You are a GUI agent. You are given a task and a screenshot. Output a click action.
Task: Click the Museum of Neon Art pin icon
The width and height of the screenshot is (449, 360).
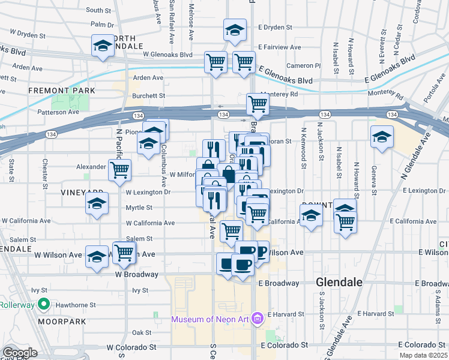[x=258, y=317]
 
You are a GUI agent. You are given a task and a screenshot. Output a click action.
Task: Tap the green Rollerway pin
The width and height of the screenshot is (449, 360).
[x=44, y=305]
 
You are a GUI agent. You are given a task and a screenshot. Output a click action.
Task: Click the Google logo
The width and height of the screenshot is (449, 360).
[x=20, y=353]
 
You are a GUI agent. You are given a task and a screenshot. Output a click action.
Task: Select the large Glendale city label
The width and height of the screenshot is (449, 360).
[x=339, y=282]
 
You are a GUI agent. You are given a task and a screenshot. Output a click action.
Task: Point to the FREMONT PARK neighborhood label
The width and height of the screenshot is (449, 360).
[x=62, y=91]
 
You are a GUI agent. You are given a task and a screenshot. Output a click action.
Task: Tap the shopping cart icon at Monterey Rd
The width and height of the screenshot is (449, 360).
[x=258, y=103]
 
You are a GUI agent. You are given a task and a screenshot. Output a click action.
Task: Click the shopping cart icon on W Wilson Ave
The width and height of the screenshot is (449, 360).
[x=124, y=253]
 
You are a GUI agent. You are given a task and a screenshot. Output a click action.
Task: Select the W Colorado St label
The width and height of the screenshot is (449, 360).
[x=131, y=347]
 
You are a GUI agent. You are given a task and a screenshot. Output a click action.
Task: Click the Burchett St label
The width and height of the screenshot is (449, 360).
[x=149, y=95]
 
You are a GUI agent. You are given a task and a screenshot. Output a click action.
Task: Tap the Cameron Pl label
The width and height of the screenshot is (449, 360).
[x=304, y=65]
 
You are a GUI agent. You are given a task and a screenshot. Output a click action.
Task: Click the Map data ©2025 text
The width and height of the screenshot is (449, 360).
[x=424, y=355]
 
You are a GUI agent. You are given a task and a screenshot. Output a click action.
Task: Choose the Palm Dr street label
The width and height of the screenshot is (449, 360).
[x=102, y=25]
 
